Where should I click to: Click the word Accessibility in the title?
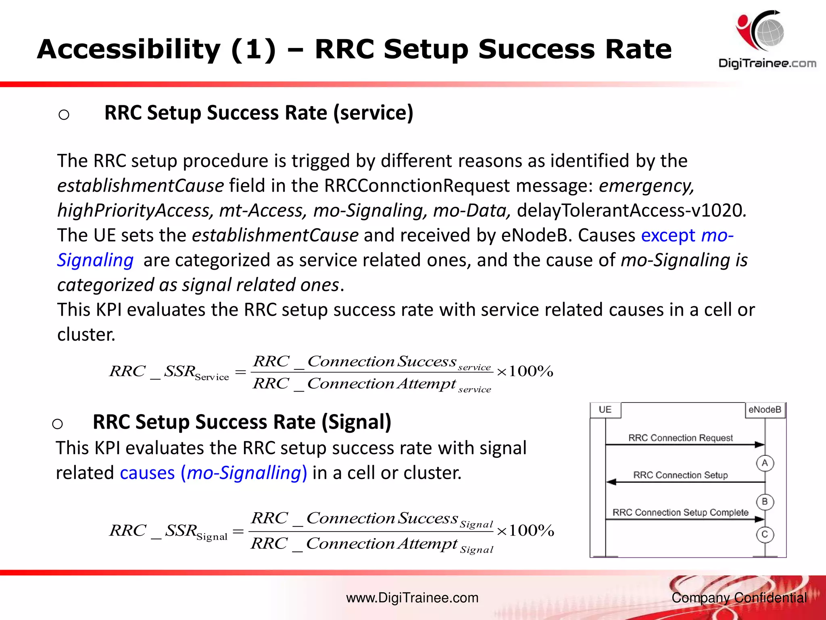coord(129,50)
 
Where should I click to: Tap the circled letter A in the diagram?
coord(765,463)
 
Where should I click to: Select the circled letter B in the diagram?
coord(765,502)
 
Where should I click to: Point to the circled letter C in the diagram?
coord(765,535)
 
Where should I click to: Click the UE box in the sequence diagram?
coord(605,410)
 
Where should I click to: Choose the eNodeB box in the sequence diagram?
coord(765,410)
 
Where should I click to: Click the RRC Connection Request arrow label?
coord(680,438)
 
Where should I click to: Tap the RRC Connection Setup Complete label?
coord(680,513)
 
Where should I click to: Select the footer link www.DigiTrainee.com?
coord(412,598)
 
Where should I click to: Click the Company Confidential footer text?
coord(739,598)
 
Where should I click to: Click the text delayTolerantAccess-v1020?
coord(631,210)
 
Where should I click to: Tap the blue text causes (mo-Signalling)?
coord(213,473)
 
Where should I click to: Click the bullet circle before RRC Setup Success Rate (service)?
coord(64,115)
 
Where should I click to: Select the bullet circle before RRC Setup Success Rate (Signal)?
coord(57,424)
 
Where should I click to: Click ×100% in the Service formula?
coord(525,371)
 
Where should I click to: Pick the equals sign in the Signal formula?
coord(238,531)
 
